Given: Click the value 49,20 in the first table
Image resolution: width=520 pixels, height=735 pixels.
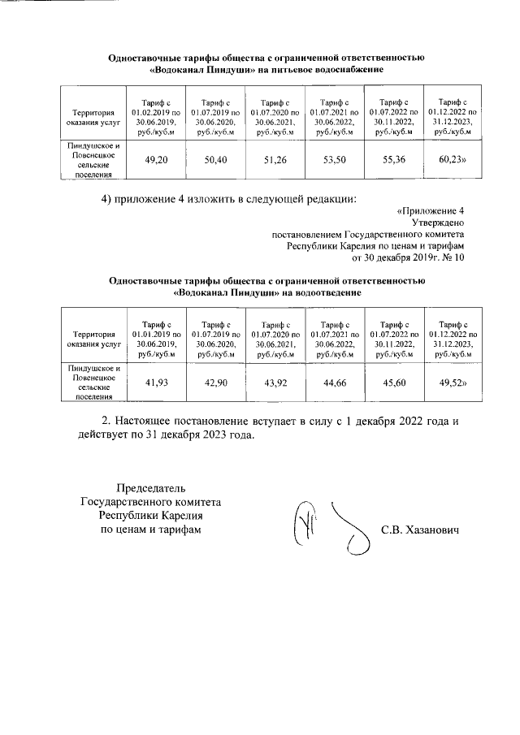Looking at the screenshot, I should [156, 161].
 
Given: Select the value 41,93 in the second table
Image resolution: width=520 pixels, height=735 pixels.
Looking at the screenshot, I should [156, 382].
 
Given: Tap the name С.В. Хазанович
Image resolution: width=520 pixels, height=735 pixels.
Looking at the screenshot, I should [420, 530].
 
